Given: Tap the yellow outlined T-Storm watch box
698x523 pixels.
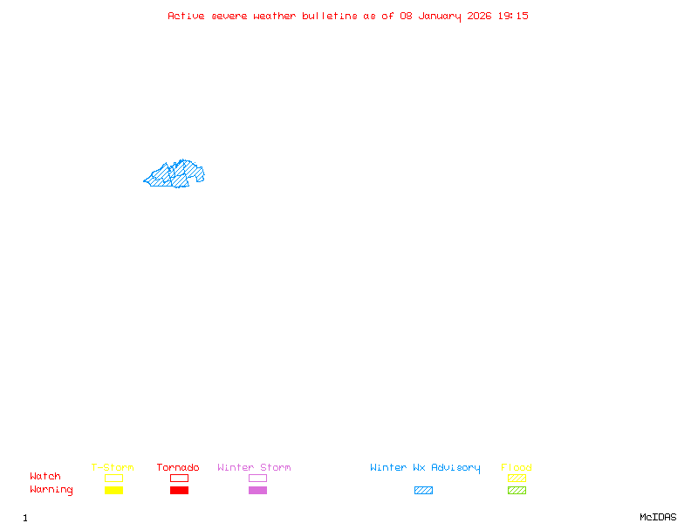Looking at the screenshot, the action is (x=113, y=478).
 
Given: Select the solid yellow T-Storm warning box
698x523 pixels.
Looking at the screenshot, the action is (x=113, y=490).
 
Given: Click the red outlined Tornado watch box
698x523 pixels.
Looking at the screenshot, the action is (x=179, y=478).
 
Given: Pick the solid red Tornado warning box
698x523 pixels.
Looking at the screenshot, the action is (x=179, y=490).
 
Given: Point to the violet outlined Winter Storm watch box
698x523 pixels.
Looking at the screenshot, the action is (x=257, y=478).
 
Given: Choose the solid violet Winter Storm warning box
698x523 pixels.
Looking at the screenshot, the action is (x=257, y=490).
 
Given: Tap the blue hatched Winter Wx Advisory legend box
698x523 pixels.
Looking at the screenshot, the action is (x=423, y=490).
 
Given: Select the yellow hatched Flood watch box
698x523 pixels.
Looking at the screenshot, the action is (x=517, y=478).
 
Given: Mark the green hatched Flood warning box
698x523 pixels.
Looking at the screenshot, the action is (x=517, y=490).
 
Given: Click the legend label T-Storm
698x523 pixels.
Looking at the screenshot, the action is (x=113, y=467).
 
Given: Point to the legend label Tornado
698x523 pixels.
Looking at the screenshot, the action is (x=178, y=467).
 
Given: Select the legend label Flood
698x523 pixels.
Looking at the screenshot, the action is (x=517, y=467).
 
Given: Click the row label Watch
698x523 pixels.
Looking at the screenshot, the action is (x=45, y=477).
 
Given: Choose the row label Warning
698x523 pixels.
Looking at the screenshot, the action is (x=51, y=490).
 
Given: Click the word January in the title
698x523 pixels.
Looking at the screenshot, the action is (x=441, y=16).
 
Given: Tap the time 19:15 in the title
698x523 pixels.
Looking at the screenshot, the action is (x=513, y=16).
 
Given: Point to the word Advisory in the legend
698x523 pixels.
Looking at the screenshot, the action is (x=455, y=467).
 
